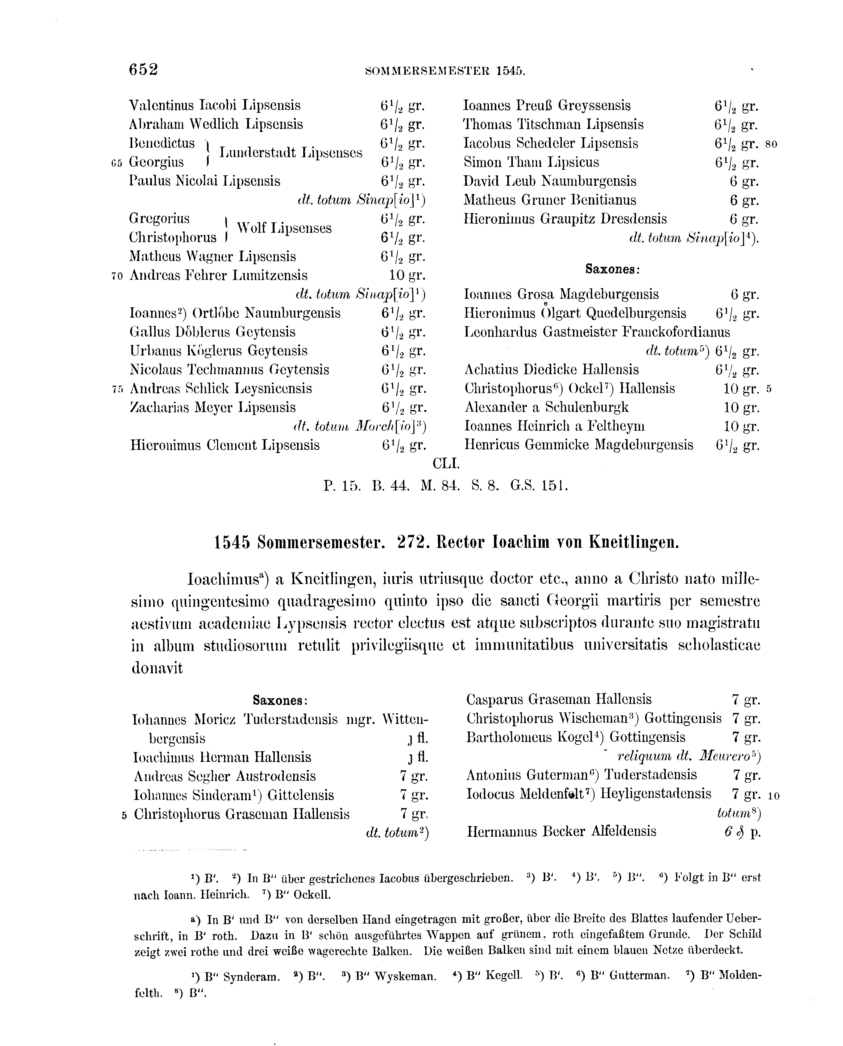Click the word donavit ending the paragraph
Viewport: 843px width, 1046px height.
pos(157,668)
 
